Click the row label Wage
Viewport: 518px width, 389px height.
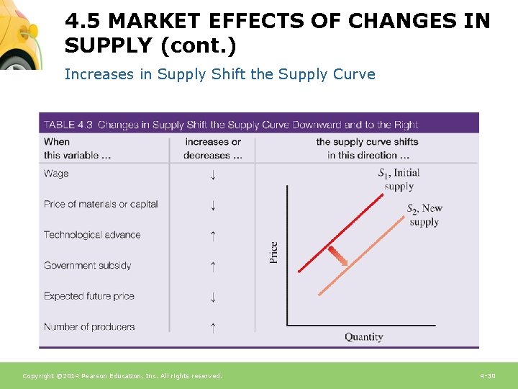point(56,174)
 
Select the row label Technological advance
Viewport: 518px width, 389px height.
point(92,235)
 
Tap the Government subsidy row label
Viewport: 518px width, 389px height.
point(87,265)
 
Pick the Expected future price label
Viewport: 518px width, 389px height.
point(88,296)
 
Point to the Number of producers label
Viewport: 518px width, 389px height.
point(88,326)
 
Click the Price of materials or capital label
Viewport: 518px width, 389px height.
point(101,204)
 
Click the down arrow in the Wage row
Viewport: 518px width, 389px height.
point(212,174)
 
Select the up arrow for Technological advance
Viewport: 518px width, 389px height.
point(212,235)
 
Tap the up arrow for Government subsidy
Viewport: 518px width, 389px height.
point(212,266)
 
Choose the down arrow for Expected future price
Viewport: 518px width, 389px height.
point(212,297)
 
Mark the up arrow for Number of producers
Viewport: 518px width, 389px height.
point(212,327)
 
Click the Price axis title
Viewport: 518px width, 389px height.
point(274,252)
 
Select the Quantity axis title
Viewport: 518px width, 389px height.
point(363,337)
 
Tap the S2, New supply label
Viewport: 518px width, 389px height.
point(424,215)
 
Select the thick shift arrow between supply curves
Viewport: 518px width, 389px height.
point(337,256)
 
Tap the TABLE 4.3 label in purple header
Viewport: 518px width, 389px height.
point(68,124)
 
